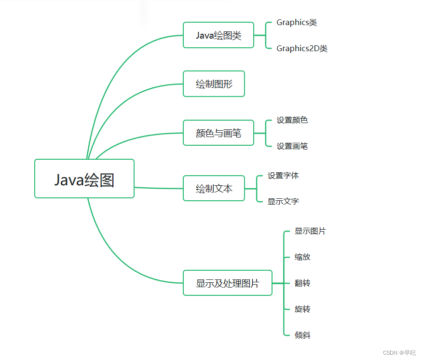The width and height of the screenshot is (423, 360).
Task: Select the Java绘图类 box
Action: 218,35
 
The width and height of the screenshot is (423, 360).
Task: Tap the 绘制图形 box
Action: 214,84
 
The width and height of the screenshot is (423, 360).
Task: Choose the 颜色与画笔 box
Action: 218,133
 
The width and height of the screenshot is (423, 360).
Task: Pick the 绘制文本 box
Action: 214,188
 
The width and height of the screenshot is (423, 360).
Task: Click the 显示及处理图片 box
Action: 227,283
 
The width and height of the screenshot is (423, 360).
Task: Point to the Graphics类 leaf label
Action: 297,22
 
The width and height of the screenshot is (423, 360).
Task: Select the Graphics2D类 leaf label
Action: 302,48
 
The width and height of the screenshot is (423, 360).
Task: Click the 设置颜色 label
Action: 292,120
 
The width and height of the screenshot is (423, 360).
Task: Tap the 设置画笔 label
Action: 292,146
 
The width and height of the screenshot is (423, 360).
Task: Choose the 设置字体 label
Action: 283,176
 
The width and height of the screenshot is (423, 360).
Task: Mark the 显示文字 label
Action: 283,201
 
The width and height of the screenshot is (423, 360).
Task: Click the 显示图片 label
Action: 310,231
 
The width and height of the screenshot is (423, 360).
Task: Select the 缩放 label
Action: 302,257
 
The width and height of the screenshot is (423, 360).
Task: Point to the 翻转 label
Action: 302,283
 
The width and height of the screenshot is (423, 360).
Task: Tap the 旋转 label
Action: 302,309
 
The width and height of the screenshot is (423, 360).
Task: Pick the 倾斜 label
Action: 302,335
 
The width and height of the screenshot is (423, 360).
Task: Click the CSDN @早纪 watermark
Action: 399,353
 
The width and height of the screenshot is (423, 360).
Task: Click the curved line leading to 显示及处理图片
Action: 116,256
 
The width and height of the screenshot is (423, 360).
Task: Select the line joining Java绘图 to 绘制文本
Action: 159,188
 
